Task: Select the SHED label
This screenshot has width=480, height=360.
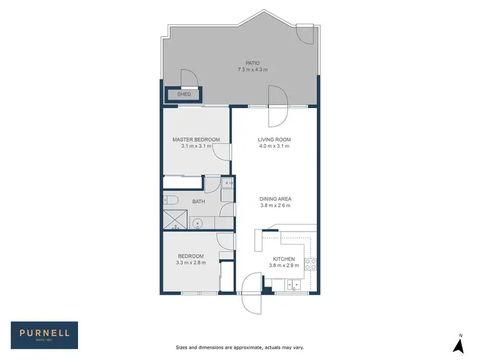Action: pyautogui.click(x=184, y=95)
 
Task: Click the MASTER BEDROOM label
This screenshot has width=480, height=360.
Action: pyautogui.click(x=196, y=139)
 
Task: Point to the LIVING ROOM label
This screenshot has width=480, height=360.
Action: pyautogui.click(x=274, y=139)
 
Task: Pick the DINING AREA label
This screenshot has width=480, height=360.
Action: pyautogui.click(x=275, y=199)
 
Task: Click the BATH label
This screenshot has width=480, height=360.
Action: pyautogui.click(x=199, y=202)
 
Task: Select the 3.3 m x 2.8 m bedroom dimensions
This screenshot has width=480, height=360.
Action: pyautogui.click(x=190, y=262)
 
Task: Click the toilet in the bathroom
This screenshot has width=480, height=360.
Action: pyautogui.click(x=170, y=201)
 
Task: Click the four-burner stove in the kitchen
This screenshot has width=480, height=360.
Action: pyautogui.click(x=310, y=264)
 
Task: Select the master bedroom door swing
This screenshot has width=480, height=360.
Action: pyautogui.click(x=220, y=151)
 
